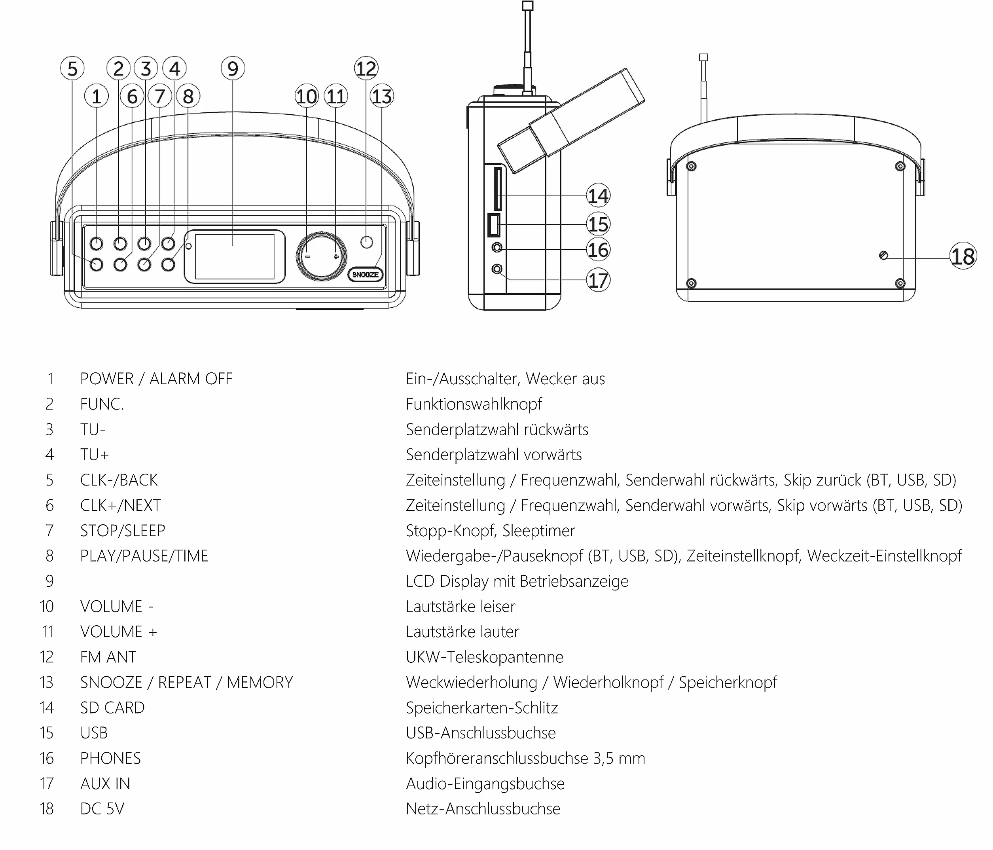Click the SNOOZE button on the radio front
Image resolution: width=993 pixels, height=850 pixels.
[365, 274]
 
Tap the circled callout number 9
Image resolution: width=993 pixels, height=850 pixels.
[233, 68]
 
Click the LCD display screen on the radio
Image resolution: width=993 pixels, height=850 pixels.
[234, 256]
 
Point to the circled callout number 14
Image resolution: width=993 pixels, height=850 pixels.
[598, 195]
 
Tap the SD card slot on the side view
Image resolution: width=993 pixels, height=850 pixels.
[498, 189]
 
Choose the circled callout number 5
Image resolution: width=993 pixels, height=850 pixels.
[72, 68]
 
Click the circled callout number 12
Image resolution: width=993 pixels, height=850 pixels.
[366, 68]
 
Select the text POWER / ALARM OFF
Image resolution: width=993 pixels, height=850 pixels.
[156, 379]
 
